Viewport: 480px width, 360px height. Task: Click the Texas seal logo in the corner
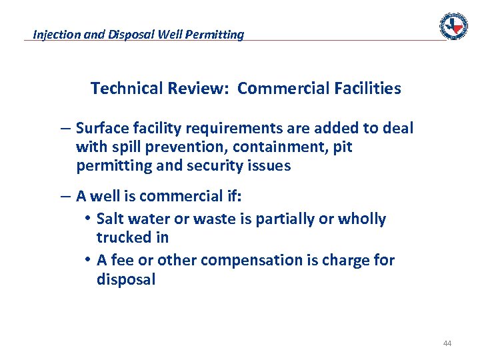453,26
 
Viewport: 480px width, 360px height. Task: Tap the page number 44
447,343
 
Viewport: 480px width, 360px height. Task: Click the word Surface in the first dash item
100,128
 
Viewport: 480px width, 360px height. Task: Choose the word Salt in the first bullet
109,219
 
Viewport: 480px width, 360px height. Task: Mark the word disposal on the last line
126,279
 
